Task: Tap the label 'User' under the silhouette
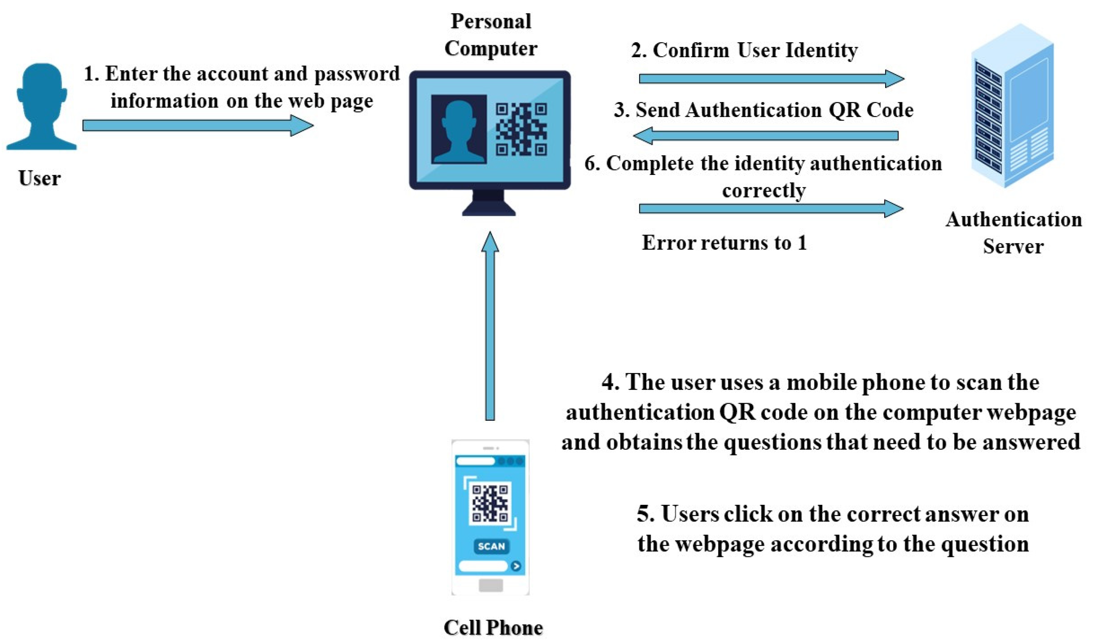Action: click(x=40, y=178)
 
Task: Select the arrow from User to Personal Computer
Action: click(x=198, y=126)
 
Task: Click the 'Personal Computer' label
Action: click(x=490, y=35)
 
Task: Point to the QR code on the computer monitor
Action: click(x=521, y=129)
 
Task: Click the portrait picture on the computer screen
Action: click(x=459, y=129)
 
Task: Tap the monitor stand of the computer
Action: click(x=488, y=203)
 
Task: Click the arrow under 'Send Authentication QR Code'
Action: click(x=766, y=136)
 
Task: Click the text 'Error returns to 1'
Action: click(x=724, y=243)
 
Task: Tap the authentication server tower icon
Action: click(x=1012, y=107)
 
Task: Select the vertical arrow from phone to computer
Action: click(x=490, y=326)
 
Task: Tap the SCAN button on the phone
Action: click(x=491, y=546)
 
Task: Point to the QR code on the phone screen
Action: click(x=490, y=503)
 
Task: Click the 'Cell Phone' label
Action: click(x=493, y=628)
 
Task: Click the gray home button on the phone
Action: click(x=490, y=585)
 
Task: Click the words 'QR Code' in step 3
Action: click(x=871, y=110)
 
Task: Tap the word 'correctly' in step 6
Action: click(x=764, y=190)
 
